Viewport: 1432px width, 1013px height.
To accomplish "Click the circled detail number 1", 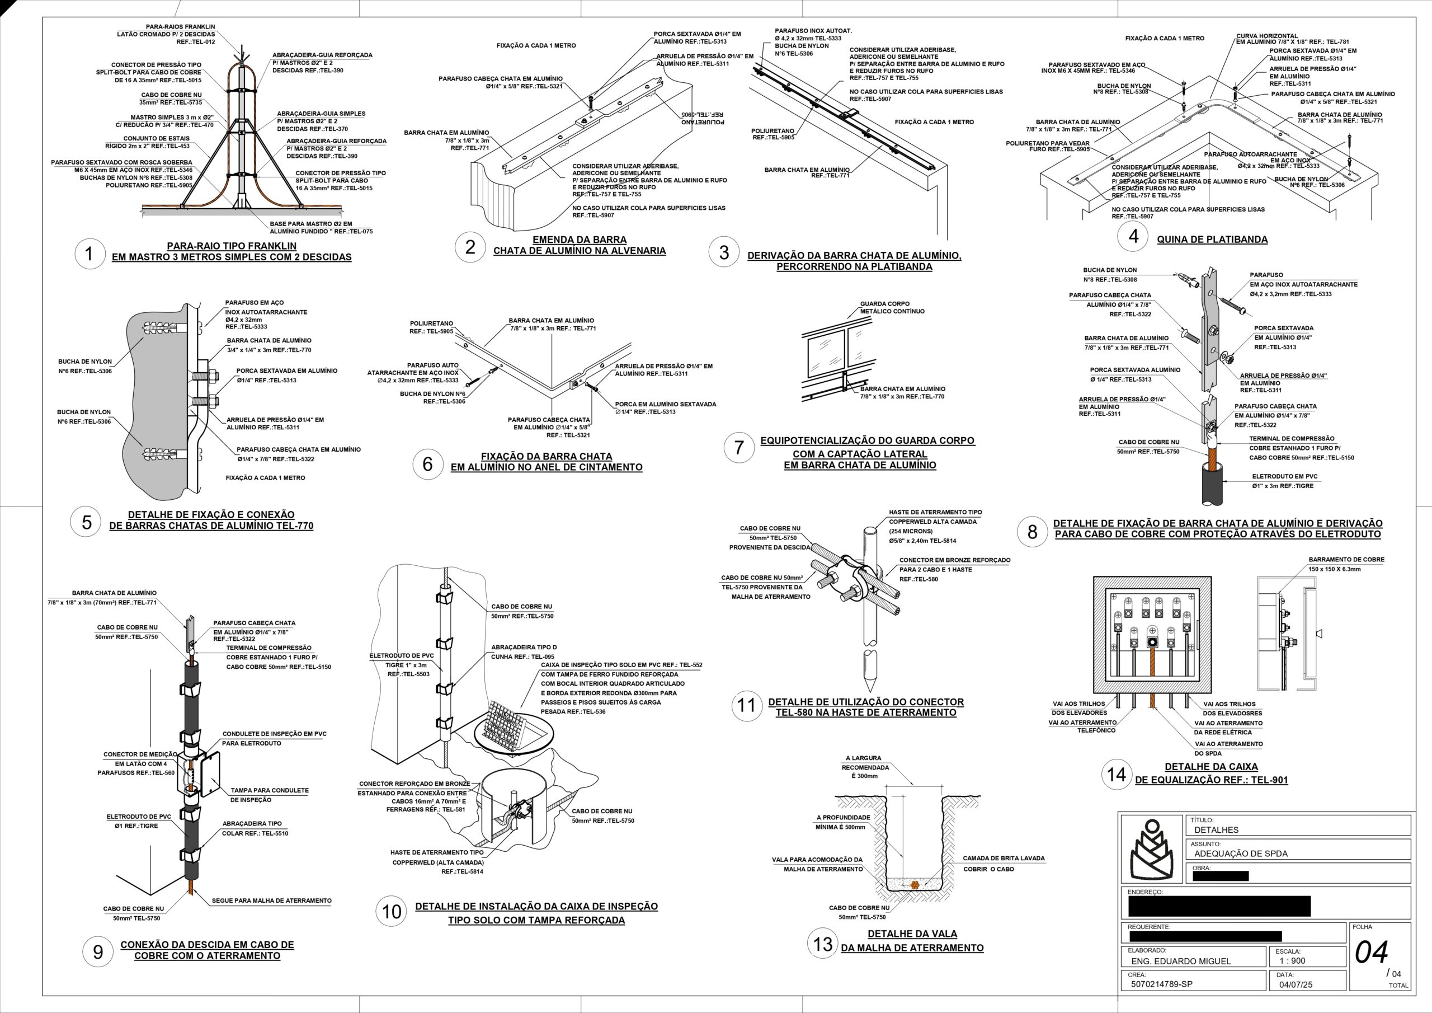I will [88, 254].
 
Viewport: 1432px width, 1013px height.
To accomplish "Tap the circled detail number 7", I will [739, 448].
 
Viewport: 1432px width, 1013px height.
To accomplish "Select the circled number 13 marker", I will [823, 944].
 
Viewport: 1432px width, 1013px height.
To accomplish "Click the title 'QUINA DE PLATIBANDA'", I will [1212, 239].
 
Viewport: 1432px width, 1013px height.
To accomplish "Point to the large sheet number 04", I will [1372, 953].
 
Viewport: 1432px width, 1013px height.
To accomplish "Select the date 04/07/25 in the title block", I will [1296, 984].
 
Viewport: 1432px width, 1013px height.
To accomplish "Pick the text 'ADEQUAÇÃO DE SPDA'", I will [1241, 853].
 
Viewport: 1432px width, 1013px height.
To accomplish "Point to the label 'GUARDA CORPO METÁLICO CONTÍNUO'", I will [892, 308].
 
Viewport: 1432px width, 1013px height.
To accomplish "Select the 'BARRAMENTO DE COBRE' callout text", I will [1346, 560].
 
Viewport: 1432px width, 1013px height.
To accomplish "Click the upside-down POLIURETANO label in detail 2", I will [702, 119].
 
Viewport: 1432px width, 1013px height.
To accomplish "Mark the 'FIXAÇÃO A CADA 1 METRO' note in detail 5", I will [265, 478].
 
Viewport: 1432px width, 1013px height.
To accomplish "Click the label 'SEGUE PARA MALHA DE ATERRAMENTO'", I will [271, 901].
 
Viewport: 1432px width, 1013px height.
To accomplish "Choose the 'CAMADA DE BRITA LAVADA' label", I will [1004, 858].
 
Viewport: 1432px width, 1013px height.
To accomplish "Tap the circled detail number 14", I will [1116, 775].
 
